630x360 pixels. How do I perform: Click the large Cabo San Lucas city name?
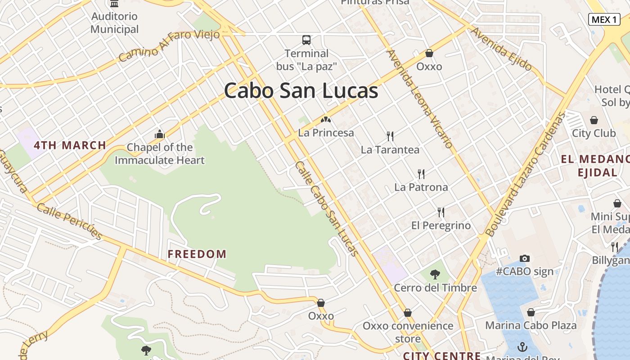point(301,90)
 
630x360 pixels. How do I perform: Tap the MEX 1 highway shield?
point(604,19)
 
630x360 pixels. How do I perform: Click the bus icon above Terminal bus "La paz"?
point(306,40)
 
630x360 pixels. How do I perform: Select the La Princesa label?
point(326,133)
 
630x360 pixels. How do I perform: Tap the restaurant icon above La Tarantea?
point(390,136)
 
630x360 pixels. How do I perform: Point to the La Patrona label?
point(421,187)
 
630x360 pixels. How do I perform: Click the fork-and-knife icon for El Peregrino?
point(441,212)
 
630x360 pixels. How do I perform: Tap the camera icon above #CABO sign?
point(525,258)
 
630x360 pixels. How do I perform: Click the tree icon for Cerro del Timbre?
point(435,274)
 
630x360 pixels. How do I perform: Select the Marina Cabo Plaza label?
point(531,325)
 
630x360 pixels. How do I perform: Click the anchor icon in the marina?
point(522,347)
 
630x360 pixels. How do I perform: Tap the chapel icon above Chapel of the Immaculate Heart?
point(160,134)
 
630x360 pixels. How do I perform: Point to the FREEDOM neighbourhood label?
point(197,254)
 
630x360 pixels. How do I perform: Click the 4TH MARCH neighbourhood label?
point(70,145)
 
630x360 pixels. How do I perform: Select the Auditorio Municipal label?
point(115,23)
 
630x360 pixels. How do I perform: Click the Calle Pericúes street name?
point(70,221)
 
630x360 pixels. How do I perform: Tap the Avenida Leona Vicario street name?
point(419,99)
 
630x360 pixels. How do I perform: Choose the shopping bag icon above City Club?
point(594,120)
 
